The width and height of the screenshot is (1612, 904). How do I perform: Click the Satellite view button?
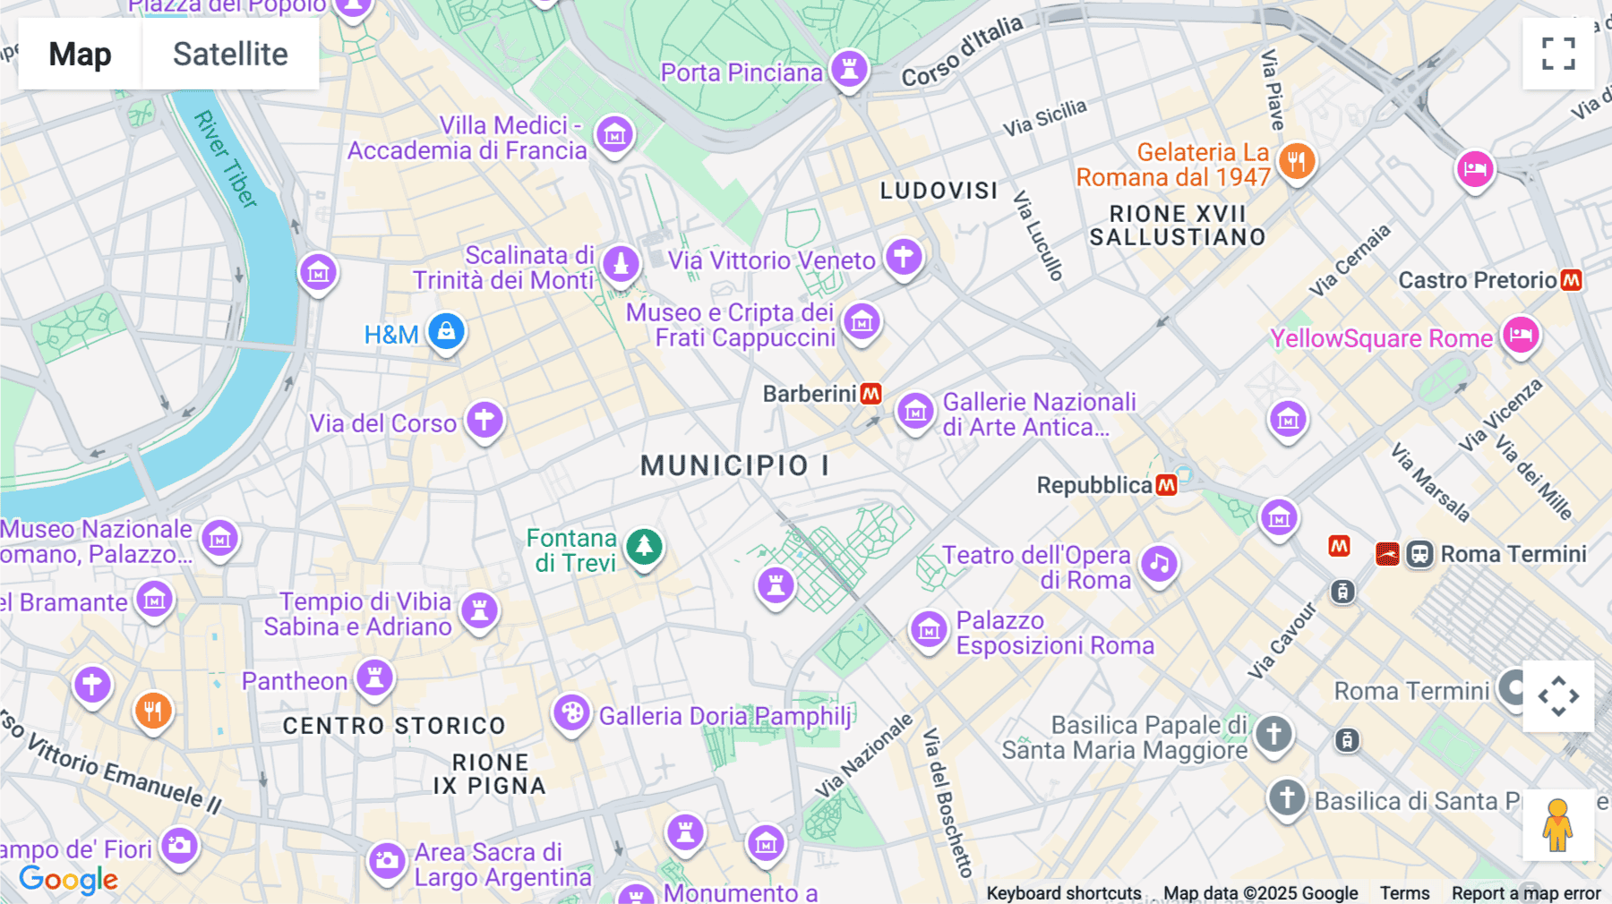click(230, 55)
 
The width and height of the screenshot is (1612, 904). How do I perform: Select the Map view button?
click(80, 55)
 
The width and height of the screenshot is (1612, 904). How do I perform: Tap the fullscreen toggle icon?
click(1558, 54)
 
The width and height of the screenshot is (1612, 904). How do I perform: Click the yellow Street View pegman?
click(1557, 824)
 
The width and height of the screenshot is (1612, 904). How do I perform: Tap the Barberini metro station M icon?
click(870, 394)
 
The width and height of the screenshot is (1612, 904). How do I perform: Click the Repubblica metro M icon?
click(1166, 485)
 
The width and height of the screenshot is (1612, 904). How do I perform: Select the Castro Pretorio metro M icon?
click(1571, 280)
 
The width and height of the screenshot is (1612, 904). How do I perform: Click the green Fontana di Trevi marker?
click(644, 546)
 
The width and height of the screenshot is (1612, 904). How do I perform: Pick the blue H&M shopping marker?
click(446, 332)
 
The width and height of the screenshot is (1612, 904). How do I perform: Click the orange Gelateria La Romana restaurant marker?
click(1296, 162)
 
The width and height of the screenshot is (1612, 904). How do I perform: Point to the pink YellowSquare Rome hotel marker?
click(1520, 336)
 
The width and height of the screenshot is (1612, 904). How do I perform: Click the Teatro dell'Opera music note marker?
click(1159, 564)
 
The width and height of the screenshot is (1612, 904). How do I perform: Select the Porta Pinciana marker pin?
click(849, 68)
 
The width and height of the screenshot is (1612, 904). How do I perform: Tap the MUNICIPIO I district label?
click(734, 465)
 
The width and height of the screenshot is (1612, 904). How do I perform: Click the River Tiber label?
click(226, 158)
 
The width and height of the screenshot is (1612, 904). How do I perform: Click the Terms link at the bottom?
click(1404, 893)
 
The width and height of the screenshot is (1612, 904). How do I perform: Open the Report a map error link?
click(1526, 893)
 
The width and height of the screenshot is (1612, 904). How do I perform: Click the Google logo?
click(69, 880)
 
